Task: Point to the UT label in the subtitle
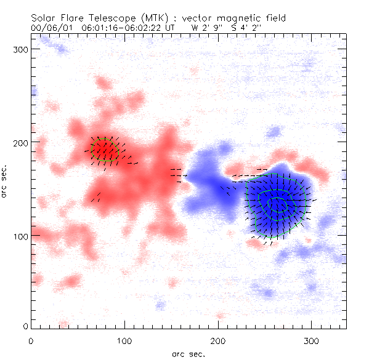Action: click(169, 28)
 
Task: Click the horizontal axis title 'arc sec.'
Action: click(188, 353)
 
